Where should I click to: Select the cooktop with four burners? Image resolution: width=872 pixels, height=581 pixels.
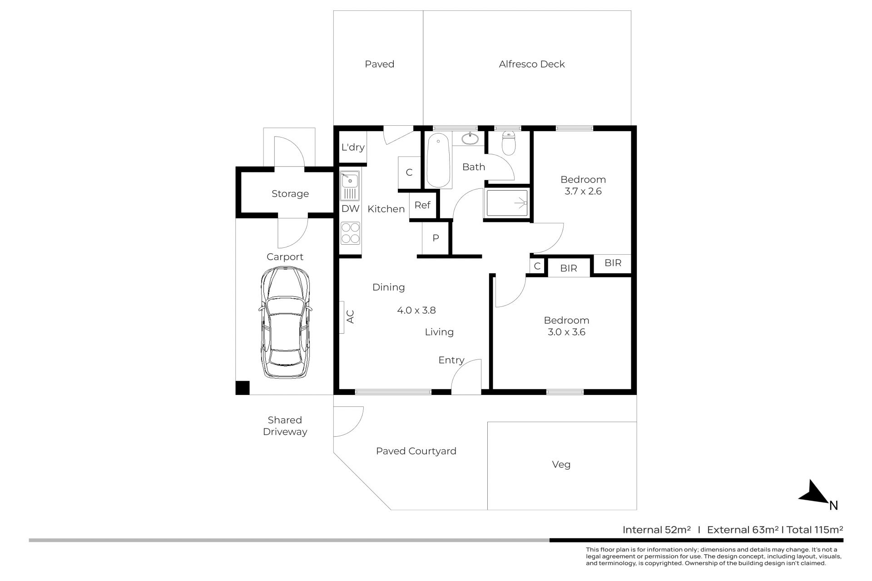[x=350, y=233]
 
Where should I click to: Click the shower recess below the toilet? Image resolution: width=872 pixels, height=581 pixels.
[x=507, y=203]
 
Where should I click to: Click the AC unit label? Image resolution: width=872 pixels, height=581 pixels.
[x=350, y=316]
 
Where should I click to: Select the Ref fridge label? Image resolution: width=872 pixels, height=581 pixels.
[x=422, y=205]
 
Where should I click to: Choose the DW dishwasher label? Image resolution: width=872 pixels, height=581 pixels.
[x=350, y=209]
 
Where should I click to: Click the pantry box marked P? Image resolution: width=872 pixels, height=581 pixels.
[x=436, y=238]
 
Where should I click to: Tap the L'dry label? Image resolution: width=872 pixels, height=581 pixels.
[x=353, y=147]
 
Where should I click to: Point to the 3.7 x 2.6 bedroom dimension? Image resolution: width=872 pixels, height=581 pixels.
[x=583, y=191]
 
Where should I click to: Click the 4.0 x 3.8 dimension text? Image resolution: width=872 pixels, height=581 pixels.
[x=416, y=310]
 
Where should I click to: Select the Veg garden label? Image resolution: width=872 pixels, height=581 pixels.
[x=561, y=465]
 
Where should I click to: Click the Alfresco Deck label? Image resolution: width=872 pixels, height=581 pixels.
[x=532, y=64]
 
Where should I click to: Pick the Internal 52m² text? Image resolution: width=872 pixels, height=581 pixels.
[x=657, y=529]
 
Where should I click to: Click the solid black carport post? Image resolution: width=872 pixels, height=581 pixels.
[x=243, y=387]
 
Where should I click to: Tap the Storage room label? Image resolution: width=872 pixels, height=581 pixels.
[x=290, y=194]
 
